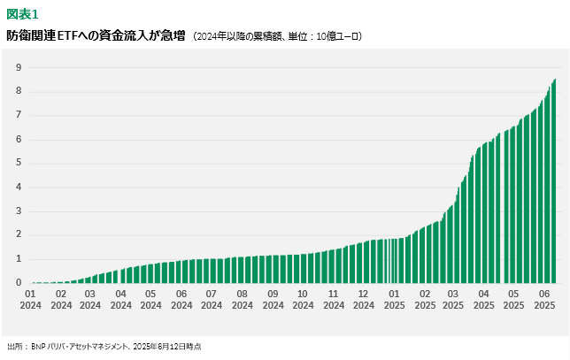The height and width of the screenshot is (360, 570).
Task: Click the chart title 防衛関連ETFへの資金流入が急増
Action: (96, 36)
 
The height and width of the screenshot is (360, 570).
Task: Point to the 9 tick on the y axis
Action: (18, 67)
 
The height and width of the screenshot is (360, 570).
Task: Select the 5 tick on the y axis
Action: (18, 164)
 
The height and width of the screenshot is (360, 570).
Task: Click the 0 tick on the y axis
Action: (18, 283)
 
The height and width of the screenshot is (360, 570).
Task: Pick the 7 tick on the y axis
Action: (18, 115)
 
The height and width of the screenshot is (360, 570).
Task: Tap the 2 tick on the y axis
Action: (18, 235)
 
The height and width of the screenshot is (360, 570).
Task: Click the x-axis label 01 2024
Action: (30, 299)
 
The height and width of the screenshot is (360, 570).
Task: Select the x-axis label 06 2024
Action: (181, 299)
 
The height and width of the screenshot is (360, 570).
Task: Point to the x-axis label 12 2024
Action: (363, 299)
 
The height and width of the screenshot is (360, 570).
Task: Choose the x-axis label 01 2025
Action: (394, 299)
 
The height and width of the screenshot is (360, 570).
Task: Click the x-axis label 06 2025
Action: (544, 299)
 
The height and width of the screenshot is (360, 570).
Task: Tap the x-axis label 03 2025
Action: (454, 299)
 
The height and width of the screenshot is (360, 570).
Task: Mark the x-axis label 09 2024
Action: (273, 299)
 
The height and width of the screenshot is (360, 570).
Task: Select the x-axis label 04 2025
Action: (484, 299)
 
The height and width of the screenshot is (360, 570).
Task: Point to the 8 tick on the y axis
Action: (18, 91)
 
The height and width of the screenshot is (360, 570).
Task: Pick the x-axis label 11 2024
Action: (333, 299)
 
